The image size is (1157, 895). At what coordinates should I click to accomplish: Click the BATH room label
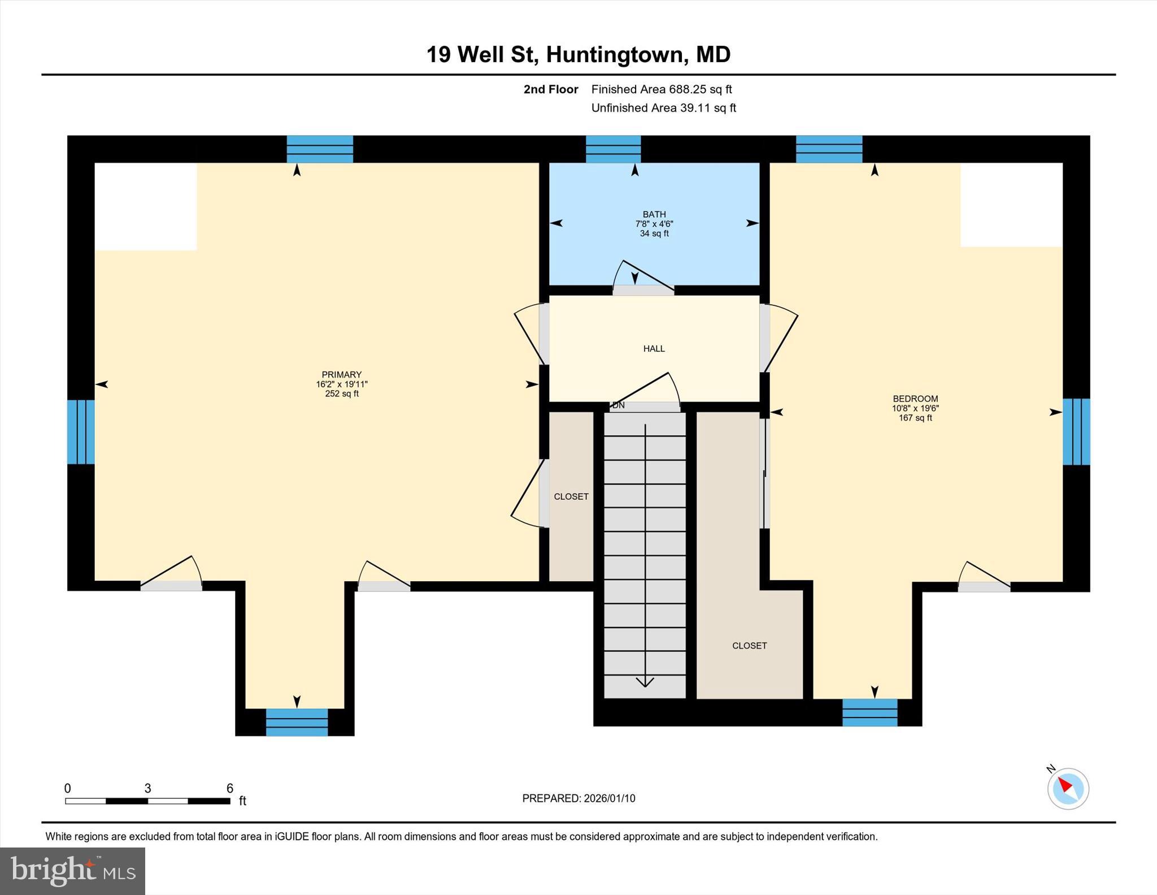pyautogui.click(x=654, y=214)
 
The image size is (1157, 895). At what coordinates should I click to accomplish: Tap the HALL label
pyautogui.click(x=654, y=349)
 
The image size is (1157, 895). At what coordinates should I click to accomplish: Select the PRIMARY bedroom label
pyautogui.click(x=341, y=374)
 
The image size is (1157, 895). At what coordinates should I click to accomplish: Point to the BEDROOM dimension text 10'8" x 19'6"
pyautogui.click(x=915, y=408)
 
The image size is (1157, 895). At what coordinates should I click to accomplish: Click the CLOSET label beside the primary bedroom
pyautogui.click(x=571, y=496)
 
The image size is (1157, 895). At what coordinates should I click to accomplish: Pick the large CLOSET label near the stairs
pyautogui.click(x=749, y=646)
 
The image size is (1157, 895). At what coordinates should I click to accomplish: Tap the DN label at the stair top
pyautogui.click(x=619, y=405)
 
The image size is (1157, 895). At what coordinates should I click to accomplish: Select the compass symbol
pyautogui.click(x=1068, y=788)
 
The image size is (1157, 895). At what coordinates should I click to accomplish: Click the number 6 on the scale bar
pyautogui.click(x=230, y=788)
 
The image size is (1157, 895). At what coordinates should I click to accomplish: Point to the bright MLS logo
pyautogui.click(x=73, y=871)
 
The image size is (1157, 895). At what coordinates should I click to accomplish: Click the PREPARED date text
pyautogui.click(x=578, y=798)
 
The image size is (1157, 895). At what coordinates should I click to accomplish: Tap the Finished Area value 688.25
pyautogui.click(x=688, y=89)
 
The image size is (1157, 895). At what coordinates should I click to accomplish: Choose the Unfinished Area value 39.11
pyautogui.click(x=695, y=108)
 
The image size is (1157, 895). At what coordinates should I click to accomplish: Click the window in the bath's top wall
pyautogui.click(x=613, y=149)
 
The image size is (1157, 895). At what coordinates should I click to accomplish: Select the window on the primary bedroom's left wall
pyautogui.click(x=81, y=432)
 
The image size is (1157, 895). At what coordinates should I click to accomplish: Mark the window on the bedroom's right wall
pyautogui.click(x=1076, y=432)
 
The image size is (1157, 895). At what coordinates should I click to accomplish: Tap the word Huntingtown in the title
pyautogui.click(x=615, y=55)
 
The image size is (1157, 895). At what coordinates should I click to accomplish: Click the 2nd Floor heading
pyautogui.click(x=551, y=89)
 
